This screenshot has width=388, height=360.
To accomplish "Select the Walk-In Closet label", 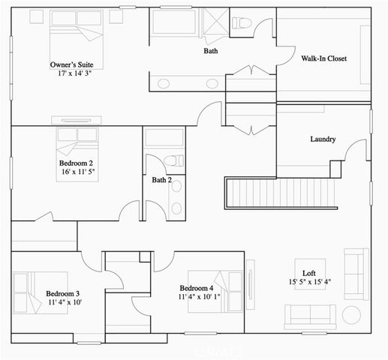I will (323, 58).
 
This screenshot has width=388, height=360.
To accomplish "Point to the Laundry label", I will (323, 139).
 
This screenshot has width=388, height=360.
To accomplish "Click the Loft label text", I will (308, 272).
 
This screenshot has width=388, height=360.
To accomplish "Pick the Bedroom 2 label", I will (76, 162).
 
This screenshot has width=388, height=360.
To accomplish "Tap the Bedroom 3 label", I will (63, 293).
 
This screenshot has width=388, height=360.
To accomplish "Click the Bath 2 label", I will (162, 180).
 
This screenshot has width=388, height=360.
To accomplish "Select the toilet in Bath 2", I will (173, 160).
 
